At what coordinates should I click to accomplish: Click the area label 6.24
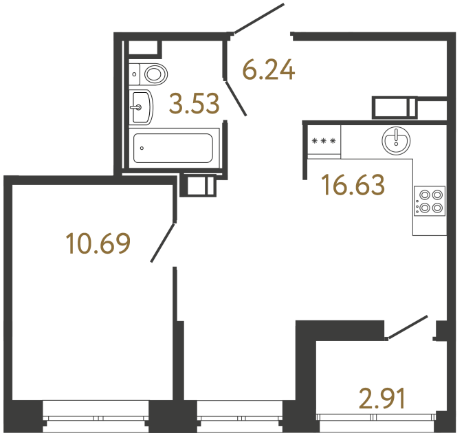(x=269, y=69)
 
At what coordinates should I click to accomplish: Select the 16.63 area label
(x=353, y=185)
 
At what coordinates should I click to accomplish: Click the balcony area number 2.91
(x=382, y=398)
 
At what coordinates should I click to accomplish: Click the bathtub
(x=173, y=147)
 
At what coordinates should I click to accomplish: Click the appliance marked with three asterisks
(x=324, y=142)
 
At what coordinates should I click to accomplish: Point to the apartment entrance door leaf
(x=258, y=18)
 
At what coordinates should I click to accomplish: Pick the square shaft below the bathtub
(x=198, y=186)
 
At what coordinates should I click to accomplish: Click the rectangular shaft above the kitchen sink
(x=395, y=108)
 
